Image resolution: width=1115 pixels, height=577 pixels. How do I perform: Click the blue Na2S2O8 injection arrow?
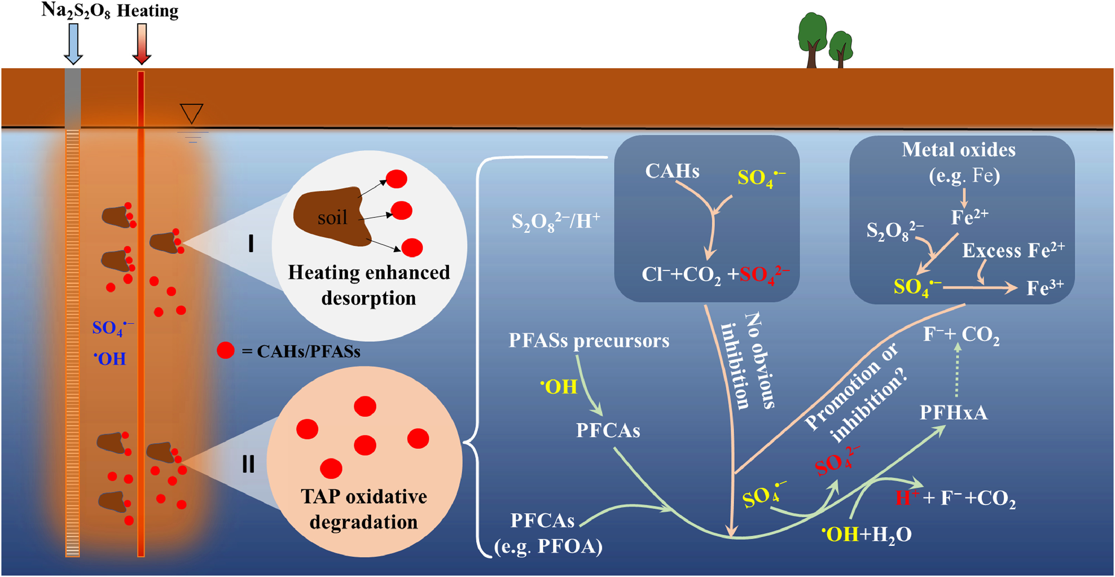click(x=73, y=43)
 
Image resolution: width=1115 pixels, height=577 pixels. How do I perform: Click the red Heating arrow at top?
click(x=142, y=43)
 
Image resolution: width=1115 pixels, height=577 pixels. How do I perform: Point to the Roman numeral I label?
click(x=251, y=244)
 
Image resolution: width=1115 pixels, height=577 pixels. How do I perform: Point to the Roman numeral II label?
click(x=248, y=464)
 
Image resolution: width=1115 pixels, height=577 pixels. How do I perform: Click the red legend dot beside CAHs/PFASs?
click(x=225, y=350)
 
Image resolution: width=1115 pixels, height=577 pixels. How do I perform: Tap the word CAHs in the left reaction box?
click(x=672, y=171)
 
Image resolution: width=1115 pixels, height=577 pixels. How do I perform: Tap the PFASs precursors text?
click(x=589, y=341)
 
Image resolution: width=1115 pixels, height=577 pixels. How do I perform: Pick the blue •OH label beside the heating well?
click(x=110, y=359)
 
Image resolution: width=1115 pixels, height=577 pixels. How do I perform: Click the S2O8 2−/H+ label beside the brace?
click(x=555, y=222)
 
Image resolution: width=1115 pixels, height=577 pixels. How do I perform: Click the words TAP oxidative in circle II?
click(x=363, y=497)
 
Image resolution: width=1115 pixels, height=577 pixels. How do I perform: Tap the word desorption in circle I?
click(x=368, y=298)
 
